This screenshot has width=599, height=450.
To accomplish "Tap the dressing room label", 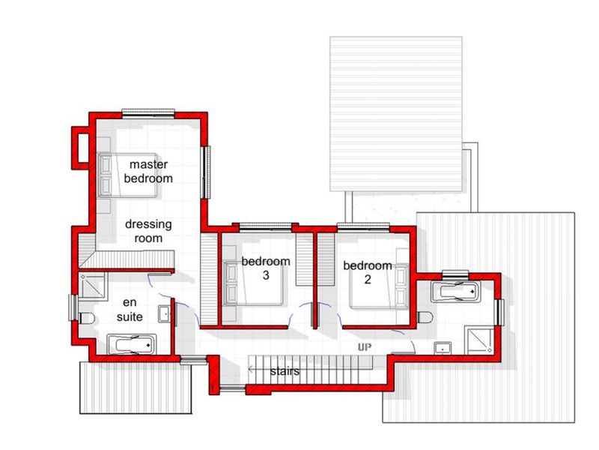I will click(x=148, y=231).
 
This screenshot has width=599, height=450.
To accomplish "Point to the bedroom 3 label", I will click(x=266, y=268).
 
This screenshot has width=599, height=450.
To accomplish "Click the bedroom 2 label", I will click(x=368, y=272).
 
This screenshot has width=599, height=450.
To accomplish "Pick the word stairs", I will click(x=285, y=370).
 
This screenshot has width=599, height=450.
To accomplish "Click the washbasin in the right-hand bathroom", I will click(x=443, y=346).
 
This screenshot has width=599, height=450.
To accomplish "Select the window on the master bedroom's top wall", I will click(x=150, y=113).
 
